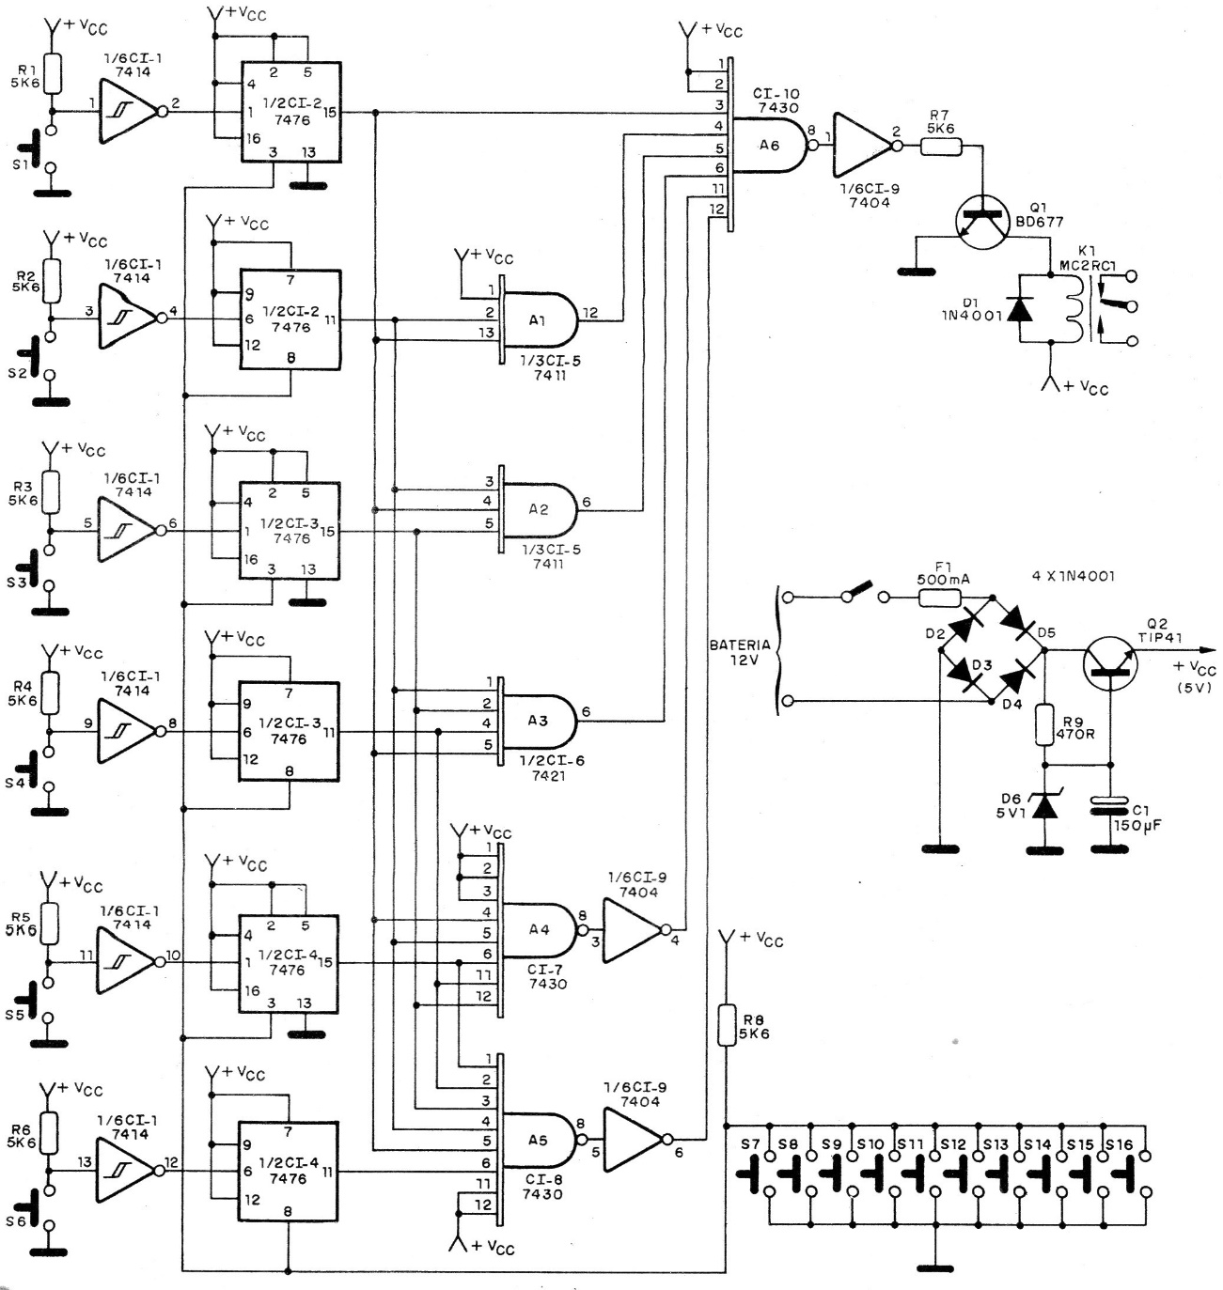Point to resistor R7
pyautogui.click(x=941, y=146)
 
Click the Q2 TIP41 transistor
pyautogui.click(x=1110, y=661)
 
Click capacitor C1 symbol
pyautogui.click(x=1110, y=805)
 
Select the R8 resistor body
pyautogui.click(x=726, y=1025)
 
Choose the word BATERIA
pyautogui.click(x=740, y=645)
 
